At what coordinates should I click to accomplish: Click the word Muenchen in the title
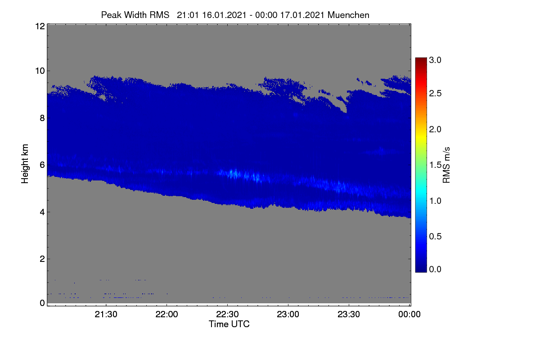tap(348, 15)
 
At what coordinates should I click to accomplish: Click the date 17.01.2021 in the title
tap(302, 15)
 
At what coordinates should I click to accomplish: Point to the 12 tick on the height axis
tap(40, 26)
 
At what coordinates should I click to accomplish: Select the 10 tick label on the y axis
tap(40, 71)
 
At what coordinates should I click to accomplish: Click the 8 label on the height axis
tap(42, 118)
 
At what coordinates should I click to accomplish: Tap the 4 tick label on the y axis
tap(42, 212)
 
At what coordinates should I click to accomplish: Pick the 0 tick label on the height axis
tap(42, 303)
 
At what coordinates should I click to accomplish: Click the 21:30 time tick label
tap(106, 314)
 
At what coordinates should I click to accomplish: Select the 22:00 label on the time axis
tap(166, 314)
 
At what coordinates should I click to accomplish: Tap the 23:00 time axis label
tap(288, 314)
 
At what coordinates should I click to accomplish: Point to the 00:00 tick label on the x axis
tap(409, 314)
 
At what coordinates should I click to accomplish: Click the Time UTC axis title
tap(229, 324)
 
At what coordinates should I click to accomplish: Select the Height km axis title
tap(25, 164)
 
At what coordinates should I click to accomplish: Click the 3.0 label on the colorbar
tap(435, 60)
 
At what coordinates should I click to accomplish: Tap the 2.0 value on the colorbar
tap(435, 130)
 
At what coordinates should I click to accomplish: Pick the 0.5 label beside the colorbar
tap(435, 236)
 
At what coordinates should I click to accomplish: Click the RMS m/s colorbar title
tap(446, 165)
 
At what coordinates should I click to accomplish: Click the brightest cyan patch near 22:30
tap(233, 173)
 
